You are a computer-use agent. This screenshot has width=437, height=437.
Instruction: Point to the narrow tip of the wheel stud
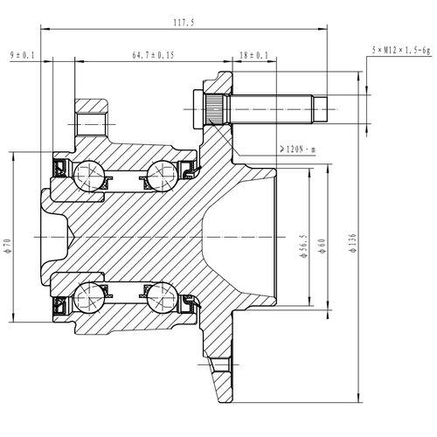pyautogui.click(x=321, y=109)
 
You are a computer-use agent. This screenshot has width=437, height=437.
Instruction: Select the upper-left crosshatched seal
pyautogui.click(x=60, y=166)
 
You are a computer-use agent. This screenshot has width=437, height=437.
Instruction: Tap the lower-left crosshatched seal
pyautogui.click(x=60, y=305)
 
